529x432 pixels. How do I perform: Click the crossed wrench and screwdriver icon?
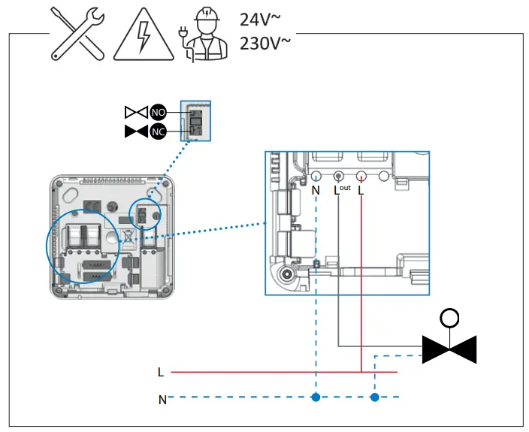coord(77,34)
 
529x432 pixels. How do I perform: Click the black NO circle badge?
coord(158,113)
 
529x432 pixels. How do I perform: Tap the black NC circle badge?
coord(158,132)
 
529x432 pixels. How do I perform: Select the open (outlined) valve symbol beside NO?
coord(136,113)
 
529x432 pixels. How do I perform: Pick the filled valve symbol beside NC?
coord(136,132)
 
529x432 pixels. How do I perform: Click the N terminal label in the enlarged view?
coord(316,191)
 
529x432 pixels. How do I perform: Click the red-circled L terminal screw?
coord(361,177)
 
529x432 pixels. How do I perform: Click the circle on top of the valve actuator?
coord(449,318)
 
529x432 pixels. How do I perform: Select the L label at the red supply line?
coord(161,372)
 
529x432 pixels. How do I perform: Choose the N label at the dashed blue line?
coord(162,400)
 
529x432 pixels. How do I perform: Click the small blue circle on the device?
coord(146,215)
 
